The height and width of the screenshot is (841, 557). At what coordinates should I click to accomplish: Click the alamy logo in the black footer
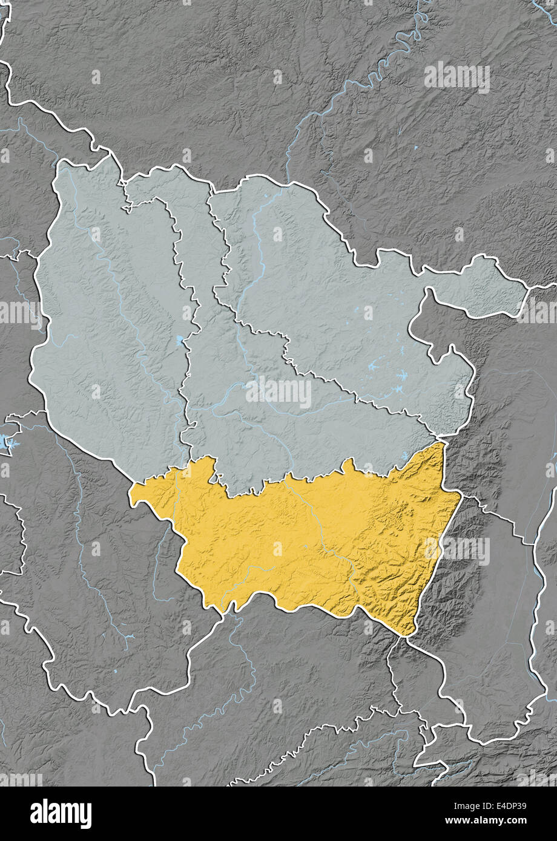(61, 814)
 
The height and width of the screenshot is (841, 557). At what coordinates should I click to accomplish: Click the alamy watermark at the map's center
(278, 393)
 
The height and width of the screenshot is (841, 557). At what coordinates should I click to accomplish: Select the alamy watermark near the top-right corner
(456, 77)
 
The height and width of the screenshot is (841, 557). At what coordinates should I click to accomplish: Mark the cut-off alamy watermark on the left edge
(18, 313)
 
